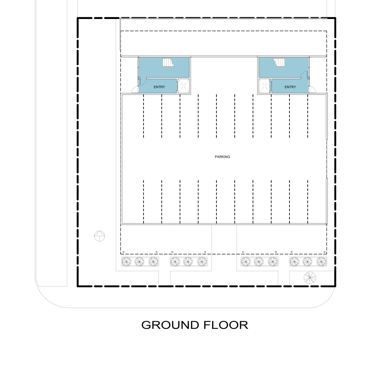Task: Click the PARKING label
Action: click(x=222, y=157)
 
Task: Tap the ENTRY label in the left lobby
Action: click(x=159, y=87)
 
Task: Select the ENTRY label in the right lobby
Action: click(x=290, y=87)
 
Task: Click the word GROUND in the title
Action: click(x=170, y=325)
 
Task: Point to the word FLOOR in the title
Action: click(x=226, y=325)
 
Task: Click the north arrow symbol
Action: click(x=99, y=236)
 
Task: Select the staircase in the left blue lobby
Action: click(x=168, y=62)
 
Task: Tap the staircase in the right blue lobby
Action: click(x=279, y=62)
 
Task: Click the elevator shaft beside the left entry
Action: click(x=184, y=86)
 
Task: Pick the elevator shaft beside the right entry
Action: click(x=264, y=86)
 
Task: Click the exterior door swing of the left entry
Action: click(x=134, y=90)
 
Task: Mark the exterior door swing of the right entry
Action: click(x=313, y=90)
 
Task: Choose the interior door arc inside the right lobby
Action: click(x=304, y=74)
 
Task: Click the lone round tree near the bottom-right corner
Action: click(x=310, y=278)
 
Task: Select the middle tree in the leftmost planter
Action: click(x=139, y=262)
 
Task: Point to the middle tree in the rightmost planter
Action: click(x=307, y=262)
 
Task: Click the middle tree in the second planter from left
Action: click(x=188, y=262)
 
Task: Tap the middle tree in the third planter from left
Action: click(x=259, y=262)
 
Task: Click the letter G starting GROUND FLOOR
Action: click(x=147, y=325)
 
